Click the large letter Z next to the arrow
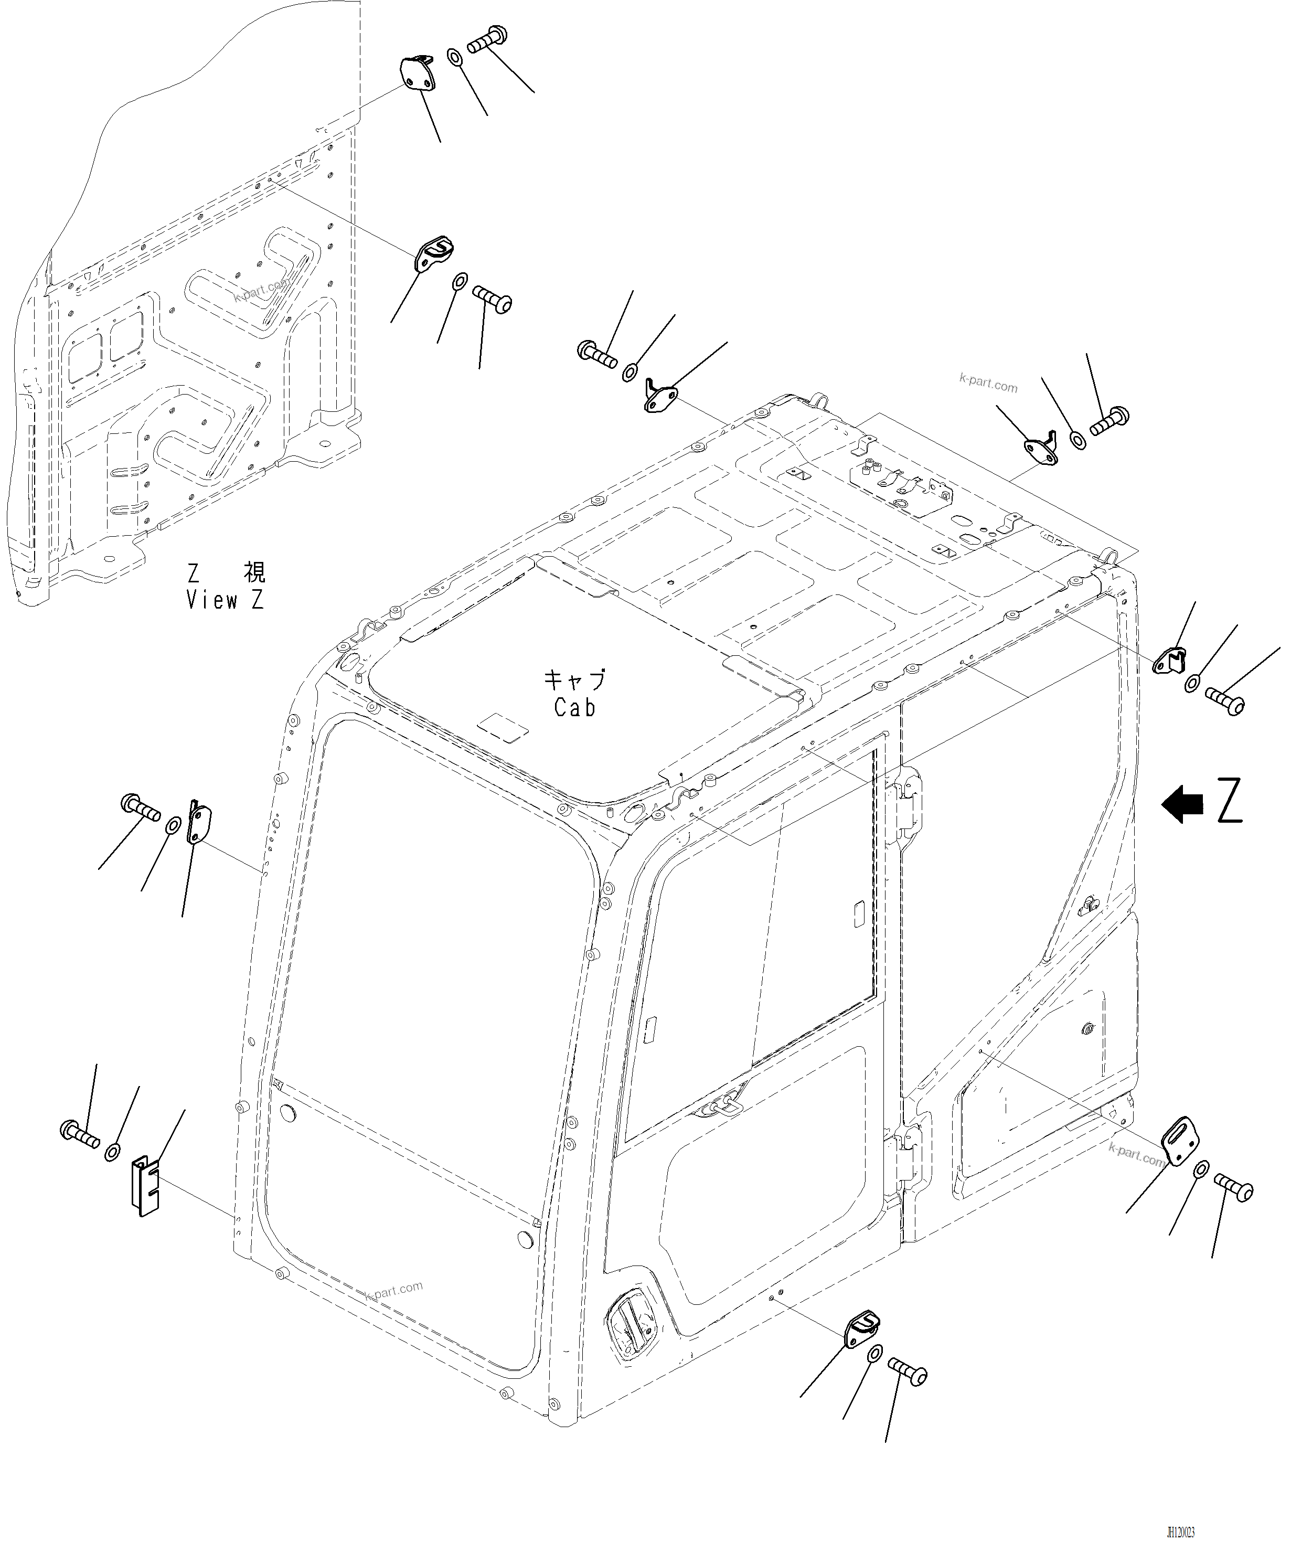tap(1230, 801)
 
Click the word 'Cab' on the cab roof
tap(574, 708)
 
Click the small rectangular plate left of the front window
tap(201, 827)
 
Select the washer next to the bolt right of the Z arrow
tap(1193, 682)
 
